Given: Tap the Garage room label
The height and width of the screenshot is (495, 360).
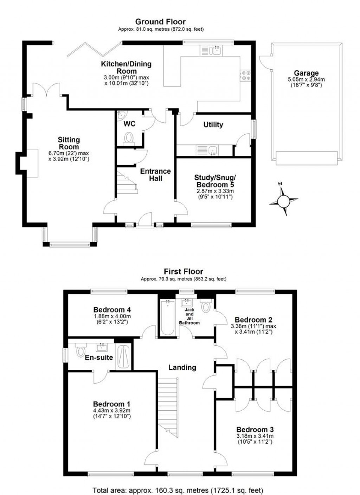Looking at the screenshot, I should click(306, 73).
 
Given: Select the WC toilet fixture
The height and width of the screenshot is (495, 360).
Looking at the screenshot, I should click(129, 137).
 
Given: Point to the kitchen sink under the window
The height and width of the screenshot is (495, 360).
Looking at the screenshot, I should click(212, 51).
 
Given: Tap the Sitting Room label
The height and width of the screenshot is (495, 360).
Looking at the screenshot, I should click(69, 143).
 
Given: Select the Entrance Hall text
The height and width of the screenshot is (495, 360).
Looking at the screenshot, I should click(155, 175).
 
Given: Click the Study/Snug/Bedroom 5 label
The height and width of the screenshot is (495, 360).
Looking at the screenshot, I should click(215, 181).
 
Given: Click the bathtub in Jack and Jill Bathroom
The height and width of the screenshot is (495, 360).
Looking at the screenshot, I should click(167, 317).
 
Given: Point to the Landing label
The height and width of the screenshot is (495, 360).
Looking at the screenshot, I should click(182, 367).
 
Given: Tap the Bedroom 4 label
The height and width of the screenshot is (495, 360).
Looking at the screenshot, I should click(112, 310).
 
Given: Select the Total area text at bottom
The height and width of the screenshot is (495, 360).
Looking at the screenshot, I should click(178, 490).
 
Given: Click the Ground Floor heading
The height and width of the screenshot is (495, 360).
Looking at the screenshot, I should click(160, 22).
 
